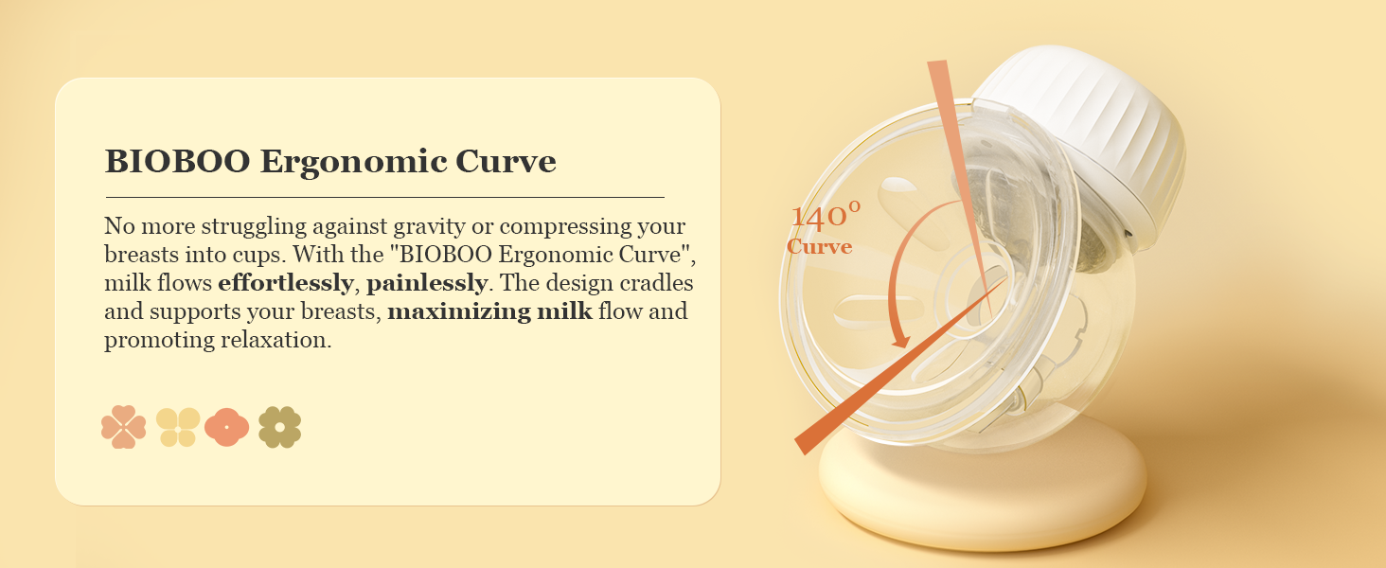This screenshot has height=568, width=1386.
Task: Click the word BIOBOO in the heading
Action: (178, 161)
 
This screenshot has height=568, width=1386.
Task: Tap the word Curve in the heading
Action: (506, 161)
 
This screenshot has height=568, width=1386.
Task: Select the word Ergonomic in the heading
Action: (353, 163)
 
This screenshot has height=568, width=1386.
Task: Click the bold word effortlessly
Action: (286, 283)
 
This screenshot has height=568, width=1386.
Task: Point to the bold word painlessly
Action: (427, 283)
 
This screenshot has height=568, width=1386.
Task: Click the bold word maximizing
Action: (459, 311)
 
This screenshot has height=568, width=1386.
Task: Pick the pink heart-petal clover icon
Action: (124, 427)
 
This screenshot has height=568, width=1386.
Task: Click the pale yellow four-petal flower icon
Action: (178, 427)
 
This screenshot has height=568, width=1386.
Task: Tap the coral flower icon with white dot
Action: (226, 427)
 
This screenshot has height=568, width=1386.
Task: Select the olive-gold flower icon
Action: (279, 427)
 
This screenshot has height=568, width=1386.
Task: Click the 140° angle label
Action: (826, 215)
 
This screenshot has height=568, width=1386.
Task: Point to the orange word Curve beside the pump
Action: (819, 247)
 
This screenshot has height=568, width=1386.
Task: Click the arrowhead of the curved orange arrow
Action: (900, 341)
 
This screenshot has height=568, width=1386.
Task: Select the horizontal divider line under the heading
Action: (385, 197)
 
